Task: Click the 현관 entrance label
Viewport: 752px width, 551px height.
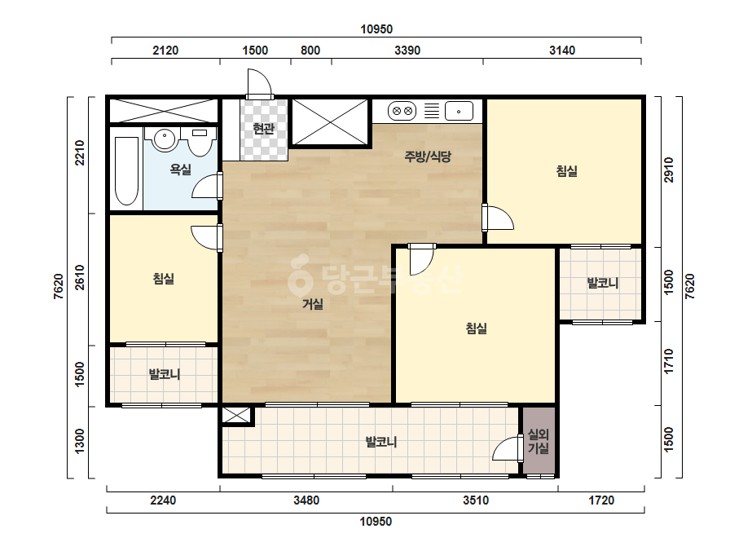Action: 263,129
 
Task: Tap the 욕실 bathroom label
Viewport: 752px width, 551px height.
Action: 180,169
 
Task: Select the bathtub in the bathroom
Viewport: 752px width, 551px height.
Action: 126,171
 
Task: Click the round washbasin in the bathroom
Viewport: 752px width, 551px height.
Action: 165,139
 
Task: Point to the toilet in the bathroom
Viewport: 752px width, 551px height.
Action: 200,142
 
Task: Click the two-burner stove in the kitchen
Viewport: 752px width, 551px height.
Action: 402,112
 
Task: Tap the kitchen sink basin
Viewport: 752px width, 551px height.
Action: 459,112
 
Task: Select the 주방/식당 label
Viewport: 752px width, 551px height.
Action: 428,156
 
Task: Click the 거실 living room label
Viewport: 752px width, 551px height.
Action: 313,304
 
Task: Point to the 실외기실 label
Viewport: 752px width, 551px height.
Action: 538,441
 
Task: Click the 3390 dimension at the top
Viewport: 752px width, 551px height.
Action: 407,51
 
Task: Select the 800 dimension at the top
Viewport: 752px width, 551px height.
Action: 310,51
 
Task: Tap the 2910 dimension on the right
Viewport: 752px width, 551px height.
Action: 669,170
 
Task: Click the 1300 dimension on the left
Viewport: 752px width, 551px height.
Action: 80,441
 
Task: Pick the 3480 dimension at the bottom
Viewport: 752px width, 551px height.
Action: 306,500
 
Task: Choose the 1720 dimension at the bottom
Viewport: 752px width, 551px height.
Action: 601,500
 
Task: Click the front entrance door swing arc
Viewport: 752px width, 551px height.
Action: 264,77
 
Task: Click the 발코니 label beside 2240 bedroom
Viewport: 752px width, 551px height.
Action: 165,374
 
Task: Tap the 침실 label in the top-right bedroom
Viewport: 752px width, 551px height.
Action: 566,171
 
